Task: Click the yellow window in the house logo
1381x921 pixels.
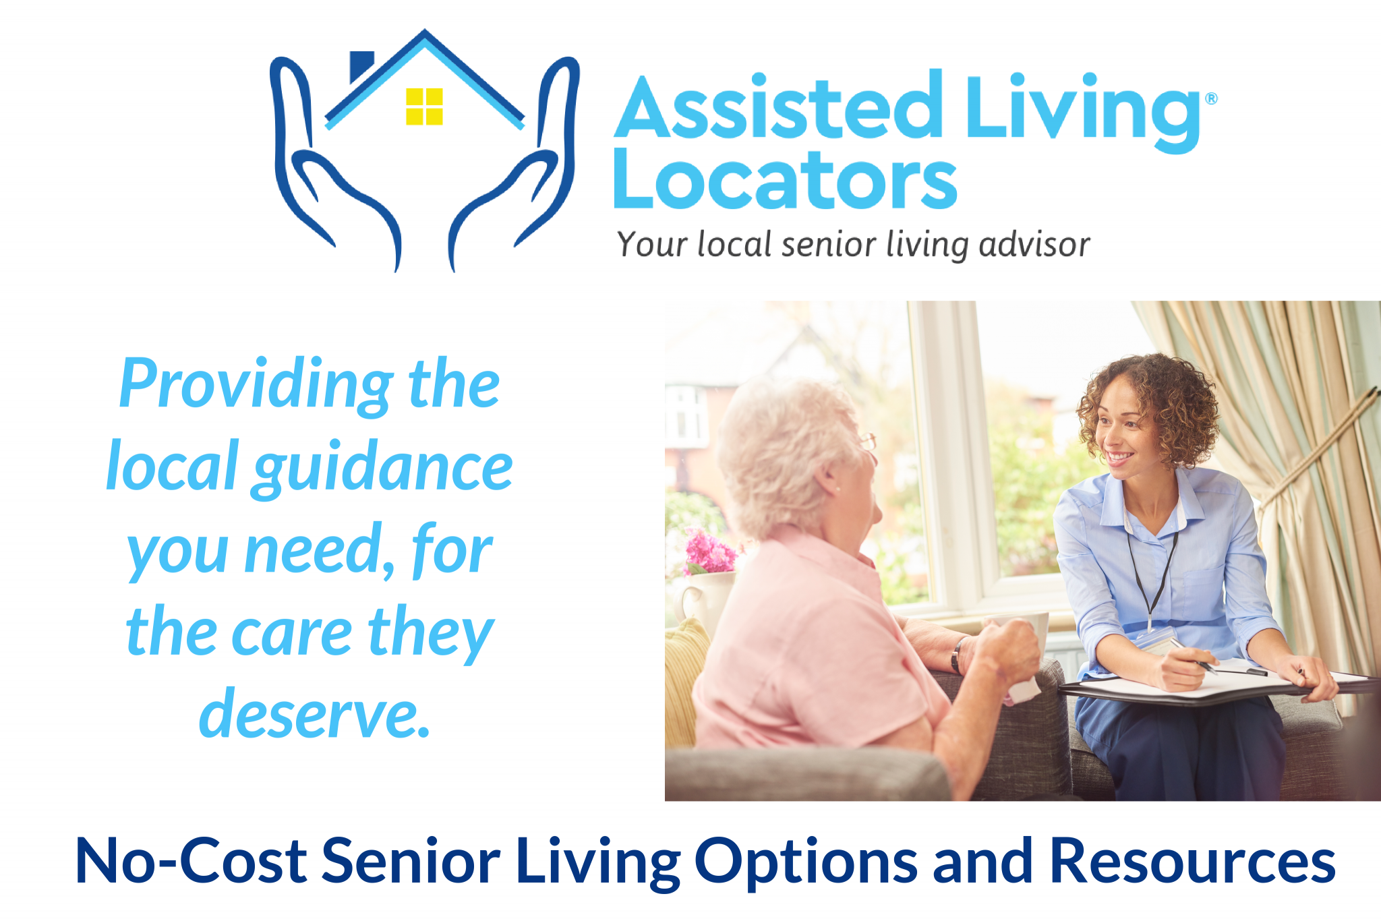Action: click(x=424, y=107)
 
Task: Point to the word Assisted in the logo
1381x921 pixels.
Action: click(x=779, y=108)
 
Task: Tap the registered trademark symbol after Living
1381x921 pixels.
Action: click(x=1211, y=98)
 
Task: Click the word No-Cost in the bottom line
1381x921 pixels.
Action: click(x=191, y=861)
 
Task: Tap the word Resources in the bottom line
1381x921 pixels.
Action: click(x=1192, y=861)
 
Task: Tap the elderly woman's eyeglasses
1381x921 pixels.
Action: click(x=867, y=442)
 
